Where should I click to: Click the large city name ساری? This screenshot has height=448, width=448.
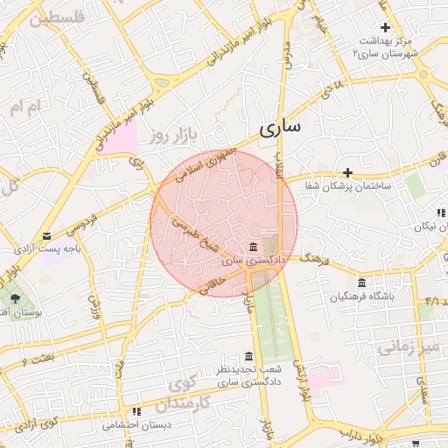(x=280, y=128)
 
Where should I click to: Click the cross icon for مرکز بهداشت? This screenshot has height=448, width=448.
(x=385, y=28)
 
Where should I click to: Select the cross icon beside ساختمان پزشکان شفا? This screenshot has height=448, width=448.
(x=347, y=172)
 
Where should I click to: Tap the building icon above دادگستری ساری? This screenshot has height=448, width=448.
(x=253, y=247)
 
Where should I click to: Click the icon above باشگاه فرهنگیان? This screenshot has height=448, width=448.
(x=361, y=282)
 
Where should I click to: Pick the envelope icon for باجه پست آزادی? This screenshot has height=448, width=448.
(x=46, y=236)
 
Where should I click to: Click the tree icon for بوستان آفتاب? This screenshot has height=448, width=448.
(x=16, y=298)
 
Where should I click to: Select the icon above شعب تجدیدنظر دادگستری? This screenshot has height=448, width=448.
(x=249, y=356)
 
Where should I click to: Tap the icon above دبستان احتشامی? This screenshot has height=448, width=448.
(x=136, y=411)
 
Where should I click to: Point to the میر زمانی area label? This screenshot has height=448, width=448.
(x=407, y=347)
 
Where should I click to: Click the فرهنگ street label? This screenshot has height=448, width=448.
(x=313, y=259)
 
